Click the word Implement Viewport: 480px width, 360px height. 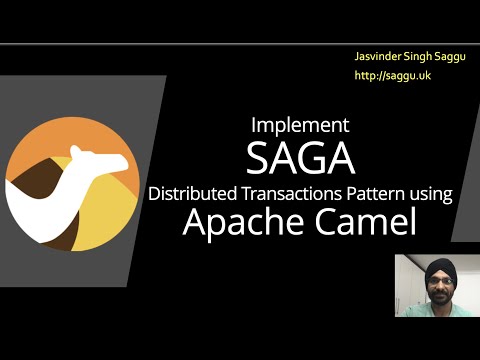click(300, 126)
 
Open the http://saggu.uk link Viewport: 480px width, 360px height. click(384, 75)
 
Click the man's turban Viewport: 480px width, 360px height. click(436, 267)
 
